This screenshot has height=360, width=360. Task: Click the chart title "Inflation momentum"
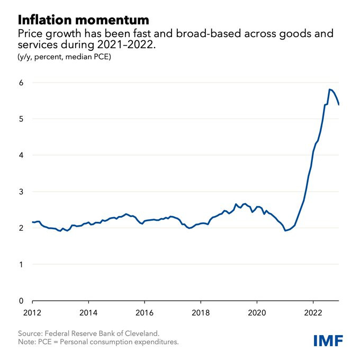[x=84, y=20]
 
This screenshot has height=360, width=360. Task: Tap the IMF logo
[x=328, y=340]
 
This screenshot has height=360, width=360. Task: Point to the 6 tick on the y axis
[x=21, y=83]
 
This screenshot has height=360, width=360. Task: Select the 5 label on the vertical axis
[x=21, y=119]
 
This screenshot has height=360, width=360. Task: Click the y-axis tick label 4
[x=21, y=155]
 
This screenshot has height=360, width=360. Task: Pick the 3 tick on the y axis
[x=21, y=192]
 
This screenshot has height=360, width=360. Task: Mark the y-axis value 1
[x=21, y=265]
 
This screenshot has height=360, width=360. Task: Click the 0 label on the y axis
[x=21, y=301]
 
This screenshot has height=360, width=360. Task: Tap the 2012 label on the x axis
[x=32, y=313]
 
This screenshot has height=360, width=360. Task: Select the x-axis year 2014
[x=88, y=313]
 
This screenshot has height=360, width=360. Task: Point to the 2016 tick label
[x=145, y=313]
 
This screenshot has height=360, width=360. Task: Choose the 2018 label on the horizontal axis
[x=201, y=313]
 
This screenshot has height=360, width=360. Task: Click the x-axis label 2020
[x=257, y=313]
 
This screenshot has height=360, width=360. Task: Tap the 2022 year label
[x=313, y=313]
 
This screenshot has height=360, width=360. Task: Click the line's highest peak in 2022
[x=329, y=89]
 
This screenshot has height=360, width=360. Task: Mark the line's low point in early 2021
[x=285, y=230]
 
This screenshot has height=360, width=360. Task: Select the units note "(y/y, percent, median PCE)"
[x=64, y=57]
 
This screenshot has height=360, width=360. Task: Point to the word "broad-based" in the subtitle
[x=209, y=33]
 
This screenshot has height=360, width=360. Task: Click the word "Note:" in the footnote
[x=26, y=342]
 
